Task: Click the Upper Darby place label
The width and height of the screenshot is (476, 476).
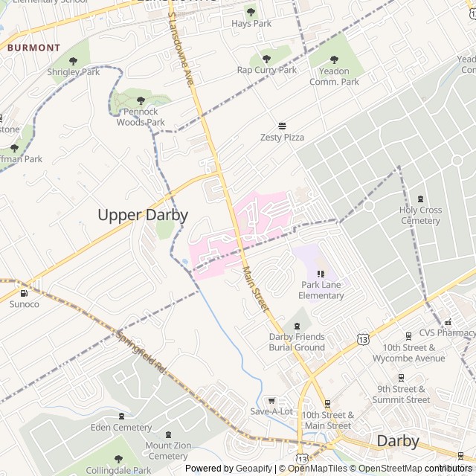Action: pos(143,215)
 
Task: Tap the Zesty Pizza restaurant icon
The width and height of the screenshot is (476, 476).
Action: pos(283,126)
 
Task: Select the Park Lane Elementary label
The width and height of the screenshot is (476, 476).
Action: pos(321,290)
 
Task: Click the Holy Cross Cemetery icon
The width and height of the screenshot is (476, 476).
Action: pos(420,199)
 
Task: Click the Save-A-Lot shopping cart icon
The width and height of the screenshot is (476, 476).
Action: pos(271,400)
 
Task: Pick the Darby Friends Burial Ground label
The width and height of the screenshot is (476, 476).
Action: pos(297,342)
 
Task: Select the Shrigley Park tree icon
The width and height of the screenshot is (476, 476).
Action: pos(73,61)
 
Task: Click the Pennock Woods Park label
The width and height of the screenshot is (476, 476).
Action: pos(141,117)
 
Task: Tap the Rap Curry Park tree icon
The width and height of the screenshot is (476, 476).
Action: pos(266,58)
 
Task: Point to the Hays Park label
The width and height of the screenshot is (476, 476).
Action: pos(251,23)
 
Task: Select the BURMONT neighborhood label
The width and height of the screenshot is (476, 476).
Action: pos(33,48)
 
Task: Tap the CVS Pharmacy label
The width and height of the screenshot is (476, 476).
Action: pos(446,332)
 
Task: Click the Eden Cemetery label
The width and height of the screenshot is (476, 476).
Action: pos(120,428)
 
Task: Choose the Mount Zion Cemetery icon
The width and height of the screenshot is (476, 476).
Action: pos(167,435)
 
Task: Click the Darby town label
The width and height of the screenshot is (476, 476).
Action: pos(398,440)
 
